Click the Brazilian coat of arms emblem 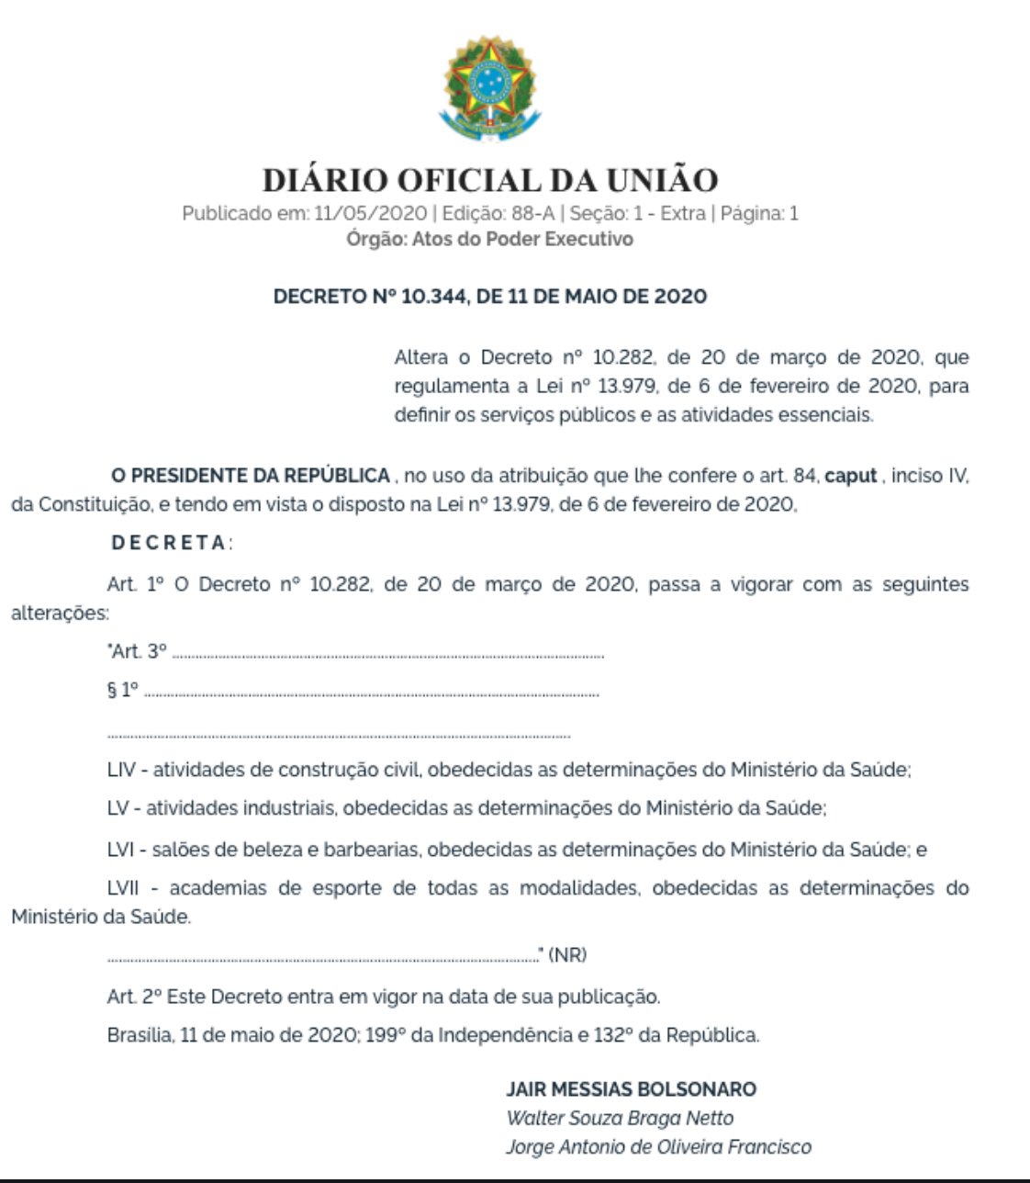(490, 89)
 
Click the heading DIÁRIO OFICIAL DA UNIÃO (490, 179)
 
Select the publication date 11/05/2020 (370, 214)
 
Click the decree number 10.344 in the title (434, 297)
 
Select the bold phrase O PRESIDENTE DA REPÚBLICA (250, 476)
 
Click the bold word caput (851, 476)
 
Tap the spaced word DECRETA (169, 543)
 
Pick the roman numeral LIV (121, 770)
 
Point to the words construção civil (349, 770)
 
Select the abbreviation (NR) (567, 955)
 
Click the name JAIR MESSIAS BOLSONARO (631, 1089)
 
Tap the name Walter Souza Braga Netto (620, 1119)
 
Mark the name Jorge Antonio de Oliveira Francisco (658, 1147)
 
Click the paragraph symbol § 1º (123, 690)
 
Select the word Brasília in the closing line (140, 1035)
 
